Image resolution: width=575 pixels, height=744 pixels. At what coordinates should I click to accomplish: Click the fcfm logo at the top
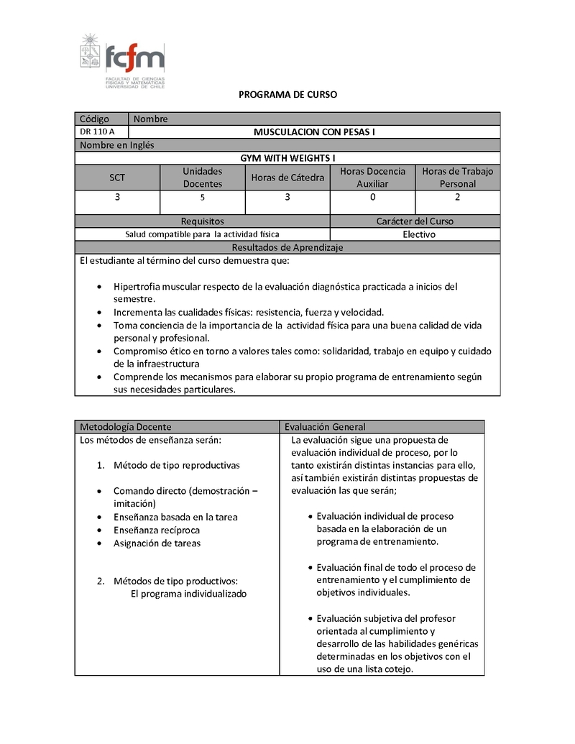coord(122,61)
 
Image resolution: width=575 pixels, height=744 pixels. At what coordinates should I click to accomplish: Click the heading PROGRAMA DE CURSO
coord(287,95)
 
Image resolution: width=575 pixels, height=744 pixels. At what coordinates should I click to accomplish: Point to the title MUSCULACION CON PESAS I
coord(314,132)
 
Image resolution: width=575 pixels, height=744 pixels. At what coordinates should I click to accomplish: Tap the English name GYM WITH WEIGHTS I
coord(287,158)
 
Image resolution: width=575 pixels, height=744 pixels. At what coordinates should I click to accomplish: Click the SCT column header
coord(117,178)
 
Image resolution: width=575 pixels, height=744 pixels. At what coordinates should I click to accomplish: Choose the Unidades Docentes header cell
coord(202,178)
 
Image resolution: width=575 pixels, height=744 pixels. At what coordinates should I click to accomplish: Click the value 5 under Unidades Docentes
coord(202,197)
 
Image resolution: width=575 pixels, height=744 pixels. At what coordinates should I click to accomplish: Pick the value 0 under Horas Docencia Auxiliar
coord(372,197)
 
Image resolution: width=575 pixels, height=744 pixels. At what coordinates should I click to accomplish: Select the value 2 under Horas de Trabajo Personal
coord(458,197)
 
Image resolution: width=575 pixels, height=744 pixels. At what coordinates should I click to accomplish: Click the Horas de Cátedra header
coord(287,178)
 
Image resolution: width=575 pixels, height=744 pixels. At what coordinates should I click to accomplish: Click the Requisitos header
coord(202,221)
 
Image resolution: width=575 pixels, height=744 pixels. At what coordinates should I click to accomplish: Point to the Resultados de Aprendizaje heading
coord(287,247)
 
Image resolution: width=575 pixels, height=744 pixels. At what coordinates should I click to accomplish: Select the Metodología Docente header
coord(125,427)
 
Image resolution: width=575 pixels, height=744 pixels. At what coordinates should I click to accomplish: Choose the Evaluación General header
coord(325,427)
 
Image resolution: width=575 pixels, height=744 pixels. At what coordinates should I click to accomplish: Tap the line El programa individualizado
coord(188,594)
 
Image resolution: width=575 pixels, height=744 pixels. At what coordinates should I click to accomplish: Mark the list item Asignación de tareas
coord(157,543)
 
